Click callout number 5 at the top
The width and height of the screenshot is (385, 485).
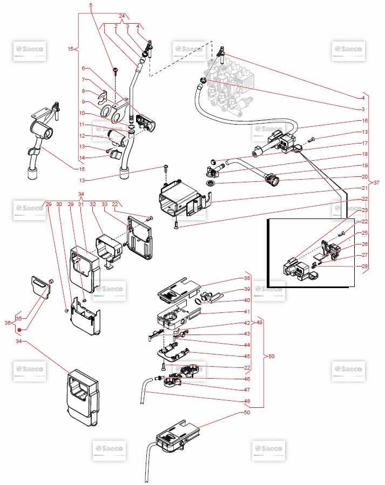tap(91, 5)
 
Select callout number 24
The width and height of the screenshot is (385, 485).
tap(121, 15)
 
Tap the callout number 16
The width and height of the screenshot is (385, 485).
tap(365, 121)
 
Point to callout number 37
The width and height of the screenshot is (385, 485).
tap(376, 183)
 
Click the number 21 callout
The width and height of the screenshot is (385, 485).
tap(365, 188)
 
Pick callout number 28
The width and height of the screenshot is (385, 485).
tap(365, 267)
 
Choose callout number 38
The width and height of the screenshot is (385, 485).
tap(247, 279)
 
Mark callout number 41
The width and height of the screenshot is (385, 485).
tap(247, 312)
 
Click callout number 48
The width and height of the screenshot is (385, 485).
tap(247, 401)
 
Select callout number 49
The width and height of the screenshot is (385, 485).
tap(259, 323)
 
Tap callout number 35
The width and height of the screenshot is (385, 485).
tap(18, 319)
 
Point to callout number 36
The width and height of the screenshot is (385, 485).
tap(8, 323)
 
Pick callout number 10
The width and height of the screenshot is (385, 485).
tap(83, 113)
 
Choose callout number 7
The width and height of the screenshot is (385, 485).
tap(84, 79)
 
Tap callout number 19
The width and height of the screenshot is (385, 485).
tap(365, 165)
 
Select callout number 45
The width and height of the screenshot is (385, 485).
tap(247, 356)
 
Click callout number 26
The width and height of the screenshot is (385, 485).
tap(365, 244)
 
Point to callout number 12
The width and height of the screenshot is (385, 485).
tap(83, 135)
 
